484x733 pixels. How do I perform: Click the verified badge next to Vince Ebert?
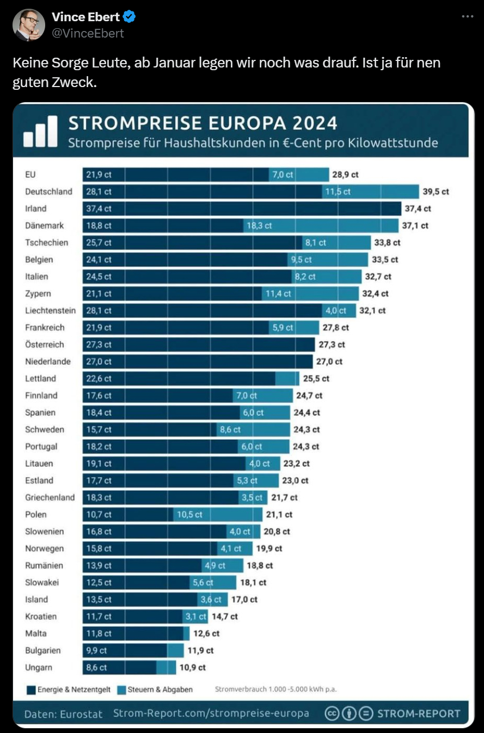(130, 17)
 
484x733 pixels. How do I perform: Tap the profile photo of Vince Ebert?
(28, 25)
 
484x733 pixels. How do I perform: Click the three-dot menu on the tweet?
(467, 17)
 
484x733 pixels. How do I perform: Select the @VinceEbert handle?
(88, 33)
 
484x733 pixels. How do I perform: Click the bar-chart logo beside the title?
(40, 131)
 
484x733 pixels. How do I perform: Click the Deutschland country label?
(48, 192)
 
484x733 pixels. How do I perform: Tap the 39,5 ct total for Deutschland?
(436, 192)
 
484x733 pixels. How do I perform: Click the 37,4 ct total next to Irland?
(418, 208)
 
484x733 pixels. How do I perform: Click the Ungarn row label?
(39, 667)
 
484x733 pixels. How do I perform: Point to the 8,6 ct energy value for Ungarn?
(96, 667)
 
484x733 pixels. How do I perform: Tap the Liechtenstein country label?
(50, 311)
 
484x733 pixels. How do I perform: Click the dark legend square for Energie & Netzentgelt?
(31, 690)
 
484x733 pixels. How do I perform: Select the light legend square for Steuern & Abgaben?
(121, 690)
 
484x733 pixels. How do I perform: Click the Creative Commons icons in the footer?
(348, 713)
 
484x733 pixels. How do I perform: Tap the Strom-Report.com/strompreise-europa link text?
(211, 713)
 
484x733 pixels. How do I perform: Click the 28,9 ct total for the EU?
(345, 175)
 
